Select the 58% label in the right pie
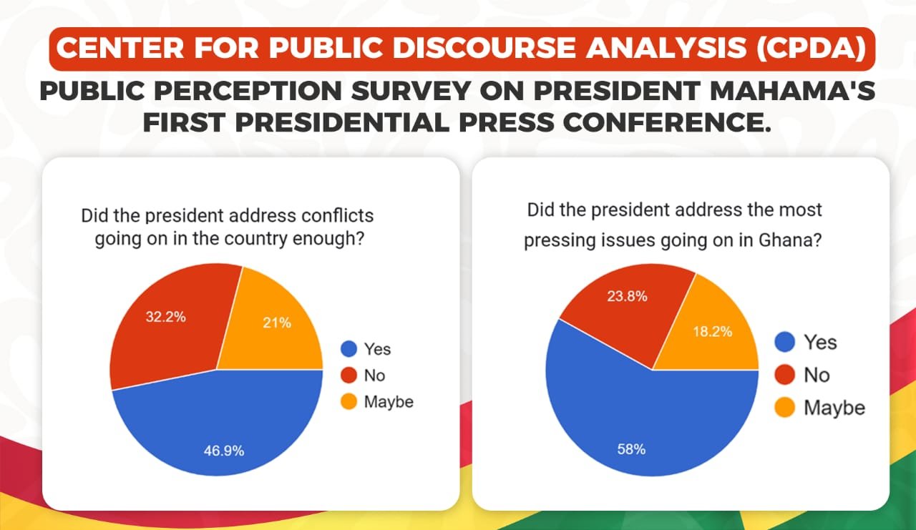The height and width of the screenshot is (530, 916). coord(631,449)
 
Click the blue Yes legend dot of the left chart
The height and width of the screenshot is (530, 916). coord(349,349)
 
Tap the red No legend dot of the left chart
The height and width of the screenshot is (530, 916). coord(349,376)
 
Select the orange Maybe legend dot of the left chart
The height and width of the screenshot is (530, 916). coord(349,402)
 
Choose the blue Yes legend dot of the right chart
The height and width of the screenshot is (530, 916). coord(785,342)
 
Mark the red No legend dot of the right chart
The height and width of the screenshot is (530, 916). coord(785,375)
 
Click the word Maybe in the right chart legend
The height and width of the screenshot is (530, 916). coord(834,408)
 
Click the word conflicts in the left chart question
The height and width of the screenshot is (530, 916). coord(338,215)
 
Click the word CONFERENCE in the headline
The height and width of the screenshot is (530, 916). coord(666,121)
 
